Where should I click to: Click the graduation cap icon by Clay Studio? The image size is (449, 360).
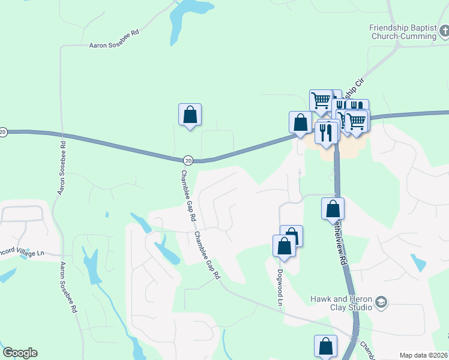click(381, 303)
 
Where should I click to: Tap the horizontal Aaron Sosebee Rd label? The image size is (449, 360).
click(114, 45)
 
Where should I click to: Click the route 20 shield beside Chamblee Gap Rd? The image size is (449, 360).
click(188, 160)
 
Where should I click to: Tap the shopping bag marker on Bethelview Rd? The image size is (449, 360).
click(333, 209)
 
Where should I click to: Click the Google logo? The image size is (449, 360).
click(20, 353)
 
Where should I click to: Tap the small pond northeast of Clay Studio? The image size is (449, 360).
click(418, 262)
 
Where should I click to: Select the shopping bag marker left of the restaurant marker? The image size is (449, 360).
click(300, 122)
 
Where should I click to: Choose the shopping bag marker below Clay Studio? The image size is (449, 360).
click(325, 346)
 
